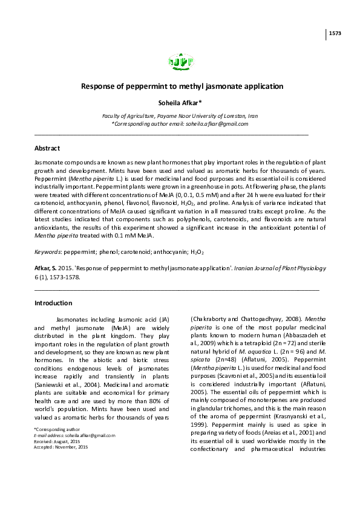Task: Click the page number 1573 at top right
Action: pyautogui.click(x=335, y=33)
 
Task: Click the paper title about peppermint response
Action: pyautogui.click(x=182, y=86)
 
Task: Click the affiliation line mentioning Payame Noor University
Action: pyautogui.click(x=180, y=115)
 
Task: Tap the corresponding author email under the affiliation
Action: pyautogui.click(x=180, y=123)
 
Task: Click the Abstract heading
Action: pyautogui.click(x=47, y=148)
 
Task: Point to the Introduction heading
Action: pyautogui.click(x=53, y=303)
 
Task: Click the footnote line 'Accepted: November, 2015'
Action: pyautogui.click(x=61, y=447)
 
